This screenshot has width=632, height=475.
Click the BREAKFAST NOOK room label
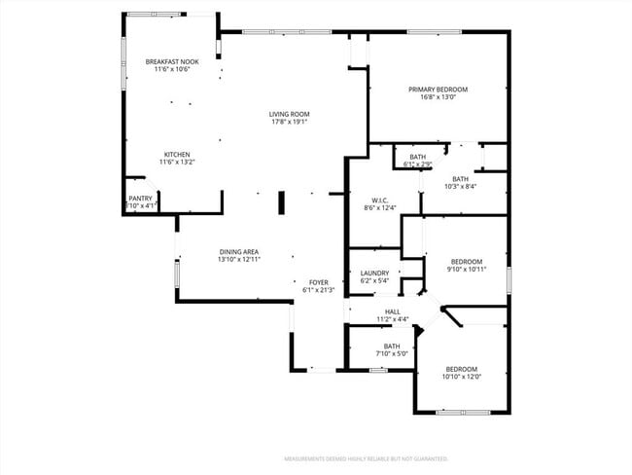coord(172,61)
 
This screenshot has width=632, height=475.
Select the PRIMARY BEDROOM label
coord(438,89)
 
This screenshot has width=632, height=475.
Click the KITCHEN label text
coord(176,154)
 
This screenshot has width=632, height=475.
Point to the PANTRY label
coord(140,198)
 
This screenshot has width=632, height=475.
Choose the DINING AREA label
coord(238,251)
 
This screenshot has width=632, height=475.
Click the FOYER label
coord(319,281)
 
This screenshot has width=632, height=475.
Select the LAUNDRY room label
coord(374,273)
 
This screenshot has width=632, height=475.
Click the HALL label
coord(366,311)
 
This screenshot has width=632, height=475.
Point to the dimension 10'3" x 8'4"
coord(460,187)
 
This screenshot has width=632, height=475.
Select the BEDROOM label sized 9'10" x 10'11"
coord(466,261)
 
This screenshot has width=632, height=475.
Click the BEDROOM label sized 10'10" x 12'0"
coord(461,368)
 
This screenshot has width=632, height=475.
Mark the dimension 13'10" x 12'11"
coord(238,260)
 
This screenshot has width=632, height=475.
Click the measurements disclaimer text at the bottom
coord(366,457)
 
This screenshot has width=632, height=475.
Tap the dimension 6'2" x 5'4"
coord(374,281)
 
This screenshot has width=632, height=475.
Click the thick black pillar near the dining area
coord(281,202)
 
